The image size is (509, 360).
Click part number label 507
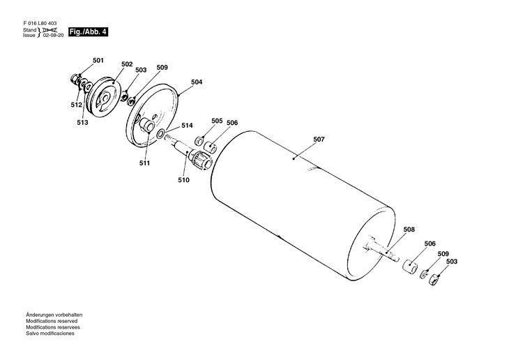(319, 140)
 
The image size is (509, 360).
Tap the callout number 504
(197, 82)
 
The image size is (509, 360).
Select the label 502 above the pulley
(127, 64)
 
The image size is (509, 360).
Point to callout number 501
(97, 61)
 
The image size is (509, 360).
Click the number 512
(76, 105)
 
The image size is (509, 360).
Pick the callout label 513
(83, 122)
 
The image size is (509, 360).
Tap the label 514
(187, 126)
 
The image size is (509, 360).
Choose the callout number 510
(183, 180)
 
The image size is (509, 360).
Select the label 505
(217, 121)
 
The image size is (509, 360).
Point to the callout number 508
(409, 229)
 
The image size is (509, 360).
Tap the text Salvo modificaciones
(50, 333)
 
